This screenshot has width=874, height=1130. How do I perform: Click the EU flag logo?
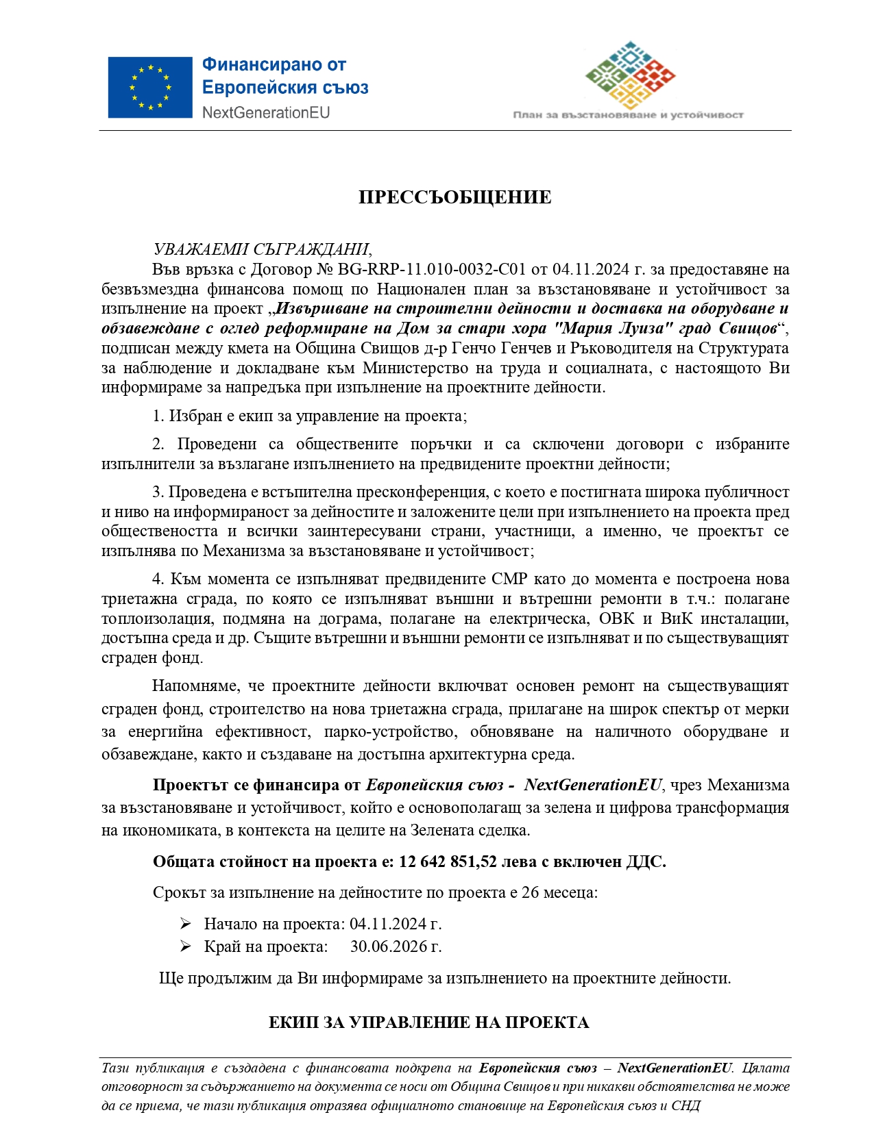(149, 87)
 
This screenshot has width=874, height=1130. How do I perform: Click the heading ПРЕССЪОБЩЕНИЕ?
(454, 197)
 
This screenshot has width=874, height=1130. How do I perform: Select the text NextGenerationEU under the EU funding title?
(266, 112)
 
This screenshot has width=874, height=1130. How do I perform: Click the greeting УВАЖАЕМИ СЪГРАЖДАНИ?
(261, 249)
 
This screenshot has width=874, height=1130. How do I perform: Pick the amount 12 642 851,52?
(448, 862)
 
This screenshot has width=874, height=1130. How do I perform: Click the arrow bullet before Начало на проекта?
(185, 924)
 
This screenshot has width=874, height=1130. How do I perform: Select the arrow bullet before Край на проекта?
(185, 946)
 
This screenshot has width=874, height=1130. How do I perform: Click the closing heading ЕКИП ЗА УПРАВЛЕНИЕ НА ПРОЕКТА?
(428, 1022)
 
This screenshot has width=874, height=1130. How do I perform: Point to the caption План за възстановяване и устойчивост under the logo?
(628, 115)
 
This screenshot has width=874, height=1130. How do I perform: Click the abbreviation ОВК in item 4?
(617, 619)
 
